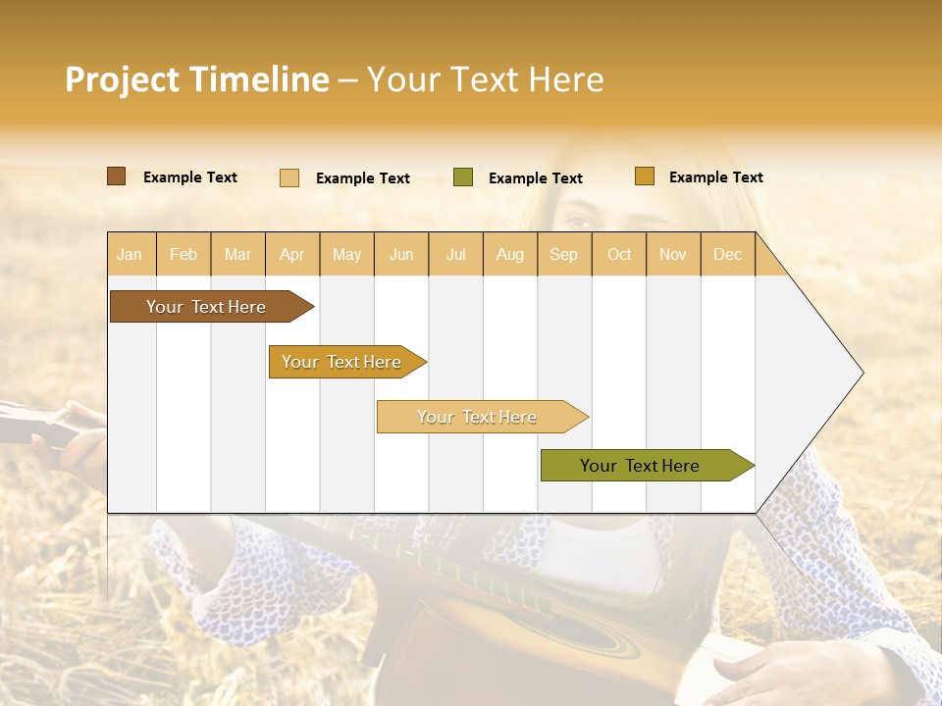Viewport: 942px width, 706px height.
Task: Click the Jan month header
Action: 130,255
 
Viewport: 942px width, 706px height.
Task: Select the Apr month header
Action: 292,255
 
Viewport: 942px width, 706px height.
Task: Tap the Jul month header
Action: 456,255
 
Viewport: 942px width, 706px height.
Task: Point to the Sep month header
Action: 563,255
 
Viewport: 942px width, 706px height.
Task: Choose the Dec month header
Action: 727,255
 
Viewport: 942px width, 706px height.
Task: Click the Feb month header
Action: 183,255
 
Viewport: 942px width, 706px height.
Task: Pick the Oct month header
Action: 619,255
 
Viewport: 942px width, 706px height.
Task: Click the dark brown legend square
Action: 117,176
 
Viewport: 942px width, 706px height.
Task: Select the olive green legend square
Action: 463,177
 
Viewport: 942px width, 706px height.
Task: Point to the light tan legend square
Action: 289,177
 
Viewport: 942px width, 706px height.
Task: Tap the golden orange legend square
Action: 644,176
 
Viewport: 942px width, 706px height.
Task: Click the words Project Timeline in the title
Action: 197,79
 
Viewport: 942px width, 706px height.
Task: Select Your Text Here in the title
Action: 485,79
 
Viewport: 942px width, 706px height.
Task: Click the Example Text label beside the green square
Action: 535,178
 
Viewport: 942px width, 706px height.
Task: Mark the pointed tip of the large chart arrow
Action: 863,373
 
